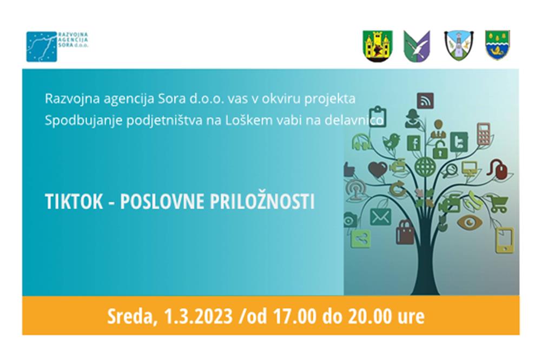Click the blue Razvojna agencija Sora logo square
point(42,46)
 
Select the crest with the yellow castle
point(378,46)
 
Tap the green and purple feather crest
point(417,46)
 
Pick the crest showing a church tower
point(459,45)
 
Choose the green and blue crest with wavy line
point(498,45)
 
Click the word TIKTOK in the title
point(74,202)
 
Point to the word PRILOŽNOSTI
point(262,202)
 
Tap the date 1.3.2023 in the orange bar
point(198,316)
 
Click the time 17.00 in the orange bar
point(294,316)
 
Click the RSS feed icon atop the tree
point(425,101)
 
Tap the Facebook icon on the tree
point(414,143)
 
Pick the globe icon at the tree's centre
point(425,166)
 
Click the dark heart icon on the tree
point(378,170)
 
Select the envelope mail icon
point(380,217)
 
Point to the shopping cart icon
point(498,203)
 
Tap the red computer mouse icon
point(498,169)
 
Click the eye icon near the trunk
point(469,222)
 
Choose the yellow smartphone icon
point(504,241)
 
